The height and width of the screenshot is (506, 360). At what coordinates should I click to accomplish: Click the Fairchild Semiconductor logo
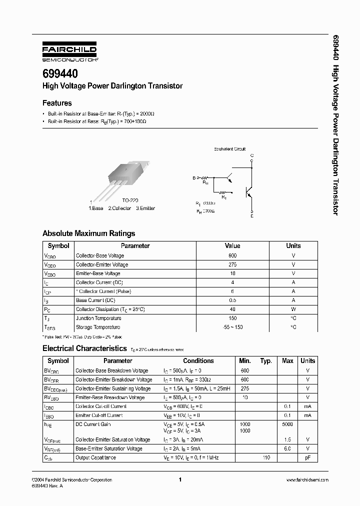[x=69, y=51]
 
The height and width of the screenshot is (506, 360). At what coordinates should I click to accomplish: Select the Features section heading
[x=57, y=103]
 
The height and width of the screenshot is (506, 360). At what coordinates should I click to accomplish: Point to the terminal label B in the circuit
[x=194, y=177]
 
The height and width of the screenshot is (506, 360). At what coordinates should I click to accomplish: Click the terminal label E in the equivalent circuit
[x=252, y=216]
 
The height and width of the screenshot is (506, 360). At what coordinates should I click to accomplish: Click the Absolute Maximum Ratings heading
[x=88, y=233]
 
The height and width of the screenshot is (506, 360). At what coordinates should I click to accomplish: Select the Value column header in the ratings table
[x=232, y=246]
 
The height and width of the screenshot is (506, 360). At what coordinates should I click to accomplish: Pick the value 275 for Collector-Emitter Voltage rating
[x=232, y=264]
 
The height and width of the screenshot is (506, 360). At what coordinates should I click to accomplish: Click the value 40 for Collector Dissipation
[x=232, y=309]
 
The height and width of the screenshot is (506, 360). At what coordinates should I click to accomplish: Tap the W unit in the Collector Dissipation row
[x=293, y=309]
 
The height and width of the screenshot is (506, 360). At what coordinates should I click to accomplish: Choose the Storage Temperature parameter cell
[x=98, y=327]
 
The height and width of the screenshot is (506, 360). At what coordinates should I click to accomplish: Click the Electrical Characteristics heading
[x=84, y=348]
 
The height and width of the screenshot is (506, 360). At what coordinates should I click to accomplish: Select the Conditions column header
[x=198, y=361]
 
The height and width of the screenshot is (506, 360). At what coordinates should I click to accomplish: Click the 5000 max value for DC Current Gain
[x=288, y=424]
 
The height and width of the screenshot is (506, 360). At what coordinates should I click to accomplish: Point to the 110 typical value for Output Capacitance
[x=266, y=457]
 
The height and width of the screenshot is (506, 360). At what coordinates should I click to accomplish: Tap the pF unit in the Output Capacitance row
[x=307, y=457]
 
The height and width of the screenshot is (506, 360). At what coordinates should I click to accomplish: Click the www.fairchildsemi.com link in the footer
[x=307, y=480]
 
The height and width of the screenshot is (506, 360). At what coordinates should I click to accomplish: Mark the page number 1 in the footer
[x=179, y=480]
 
